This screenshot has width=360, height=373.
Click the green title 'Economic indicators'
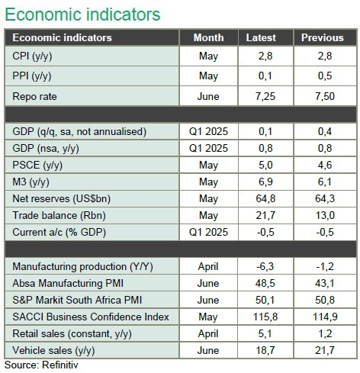pyautogui.click(x=82, y=14)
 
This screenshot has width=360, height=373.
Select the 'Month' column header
pyautogui.click(x=208, y=37)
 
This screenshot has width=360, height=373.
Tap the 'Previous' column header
pyautogui.click(x=323, y=37)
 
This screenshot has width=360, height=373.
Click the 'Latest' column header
pyautogui.click(x=261, y=37)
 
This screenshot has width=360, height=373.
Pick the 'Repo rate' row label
pyautogui.click(x=34, y=96)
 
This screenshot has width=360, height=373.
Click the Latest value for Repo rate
pyautogui.click(x=265, y=96)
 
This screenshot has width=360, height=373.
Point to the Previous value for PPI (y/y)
pyautogui.click(x=325, y=76)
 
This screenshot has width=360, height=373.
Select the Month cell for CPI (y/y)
pyautogui.click(x=208, y=56)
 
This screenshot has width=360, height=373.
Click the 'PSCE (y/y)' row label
pyautogui.click(x=37, y=166)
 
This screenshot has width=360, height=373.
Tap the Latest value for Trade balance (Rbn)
pyautogui.click(x=265, y=215)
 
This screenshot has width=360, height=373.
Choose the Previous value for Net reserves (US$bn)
pyautogui.click(x=325, y=198)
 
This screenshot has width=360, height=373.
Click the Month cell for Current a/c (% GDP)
pyautogui.click(x=208, y=232)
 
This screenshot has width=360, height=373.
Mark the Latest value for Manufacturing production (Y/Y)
pyautogui.click(x=265, y=266)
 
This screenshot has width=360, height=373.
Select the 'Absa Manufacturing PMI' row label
pyautogui.click(x=68, y=283)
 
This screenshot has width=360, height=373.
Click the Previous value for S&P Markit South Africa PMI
pyautogui.click(x=325, y=300)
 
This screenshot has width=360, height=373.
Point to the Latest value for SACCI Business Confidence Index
pyautogui.click(x=265, y=317)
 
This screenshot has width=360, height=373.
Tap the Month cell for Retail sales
pyautogui.click(x=208, y=334)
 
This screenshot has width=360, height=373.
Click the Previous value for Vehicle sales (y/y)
pyautogui.click(x=325, y=350)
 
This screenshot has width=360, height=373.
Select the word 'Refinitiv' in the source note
pyautogui.click(x=60, y=365)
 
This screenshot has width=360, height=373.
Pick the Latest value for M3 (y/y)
pyautogui.click(x=265, y=182)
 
